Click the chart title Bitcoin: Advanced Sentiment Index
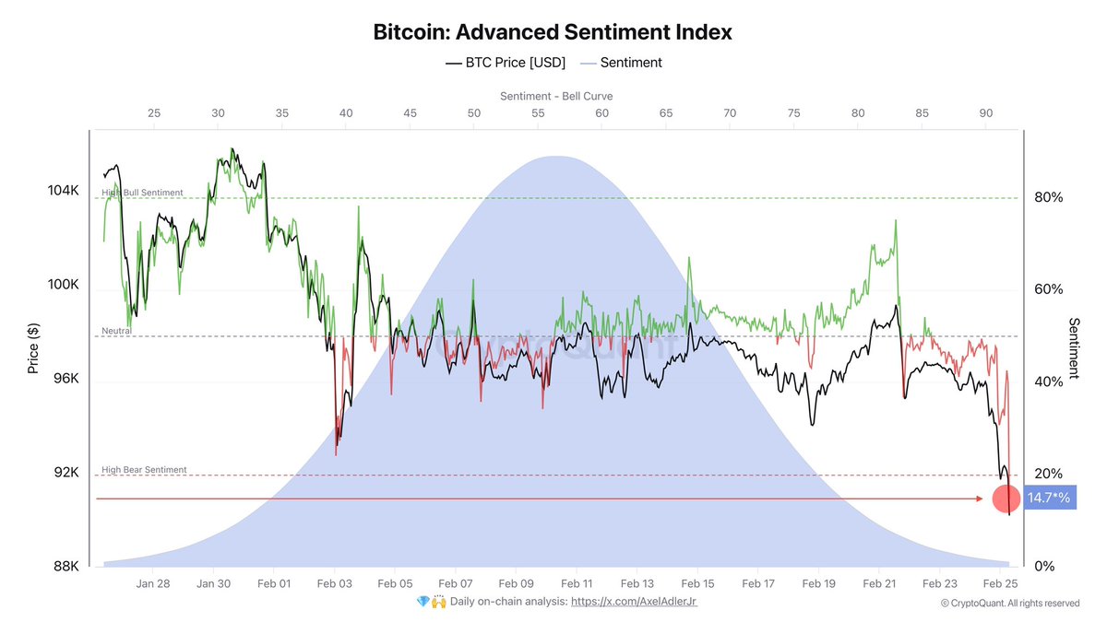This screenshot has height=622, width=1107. [553, 32]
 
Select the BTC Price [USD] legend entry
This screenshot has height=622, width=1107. [506, 63]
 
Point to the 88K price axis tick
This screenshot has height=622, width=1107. [66, 567]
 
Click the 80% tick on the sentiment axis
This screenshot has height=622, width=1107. [1048, 197]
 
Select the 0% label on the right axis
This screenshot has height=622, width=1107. [1044, 567]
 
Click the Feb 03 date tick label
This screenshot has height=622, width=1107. [334, 583]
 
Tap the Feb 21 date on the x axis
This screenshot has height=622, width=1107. [879, 583]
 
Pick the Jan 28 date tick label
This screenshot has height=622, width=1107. [152, 583]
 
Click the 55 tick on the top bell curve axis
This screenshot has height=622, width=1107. [538, 112]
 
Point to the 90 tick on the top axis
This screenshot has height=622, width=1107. [985, 112]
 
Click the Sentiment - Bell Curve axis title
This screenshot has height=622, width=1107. [556, 96]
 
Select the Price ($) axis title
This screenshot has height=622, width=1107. [33, 347]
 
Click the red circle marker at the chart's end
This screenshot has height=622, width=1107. [1006, 499]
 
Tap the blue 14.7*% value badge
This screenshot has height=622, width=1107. [1049, 499]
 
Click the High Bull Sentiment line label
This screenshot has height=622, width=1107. [142, 193]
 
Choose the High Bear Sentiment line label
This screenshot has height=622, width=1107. [144, 470]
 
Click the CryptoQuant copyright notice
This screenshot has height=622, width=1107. [1009, 604]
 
